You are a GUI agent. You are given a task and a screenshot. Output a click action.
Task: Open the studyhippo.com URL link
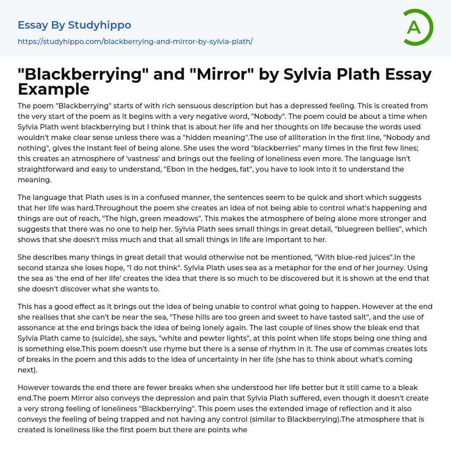135,41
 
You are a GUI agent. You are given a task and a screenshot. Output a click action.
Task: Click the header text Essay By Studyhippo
74,25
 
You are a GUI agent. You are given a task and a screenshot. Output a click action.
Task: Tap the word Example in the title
54,89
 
